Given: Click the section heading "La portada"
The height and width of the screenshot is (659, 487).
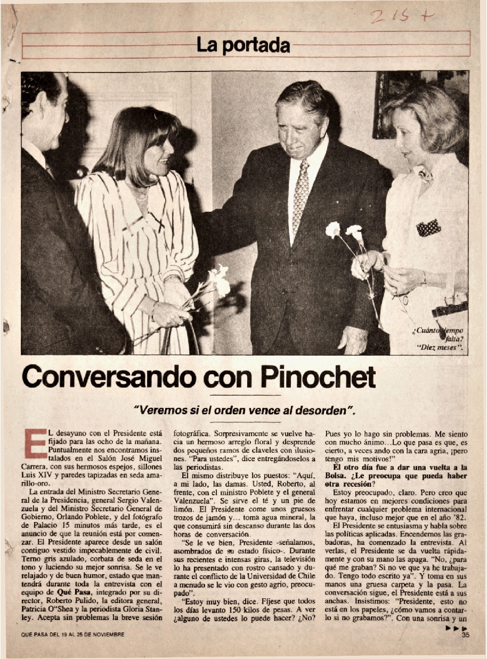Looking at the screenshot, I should (243, 45).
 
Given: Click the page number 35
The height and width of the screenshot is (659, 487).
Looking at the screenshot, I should (465, 634).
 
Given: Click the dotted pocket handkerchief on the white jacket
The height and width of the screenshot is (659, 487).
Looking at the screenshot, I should (428, 228).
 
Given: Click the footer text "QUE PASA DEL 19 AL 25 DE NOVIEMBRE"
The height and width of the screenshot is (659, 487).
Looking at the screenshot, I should (72, 634).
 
